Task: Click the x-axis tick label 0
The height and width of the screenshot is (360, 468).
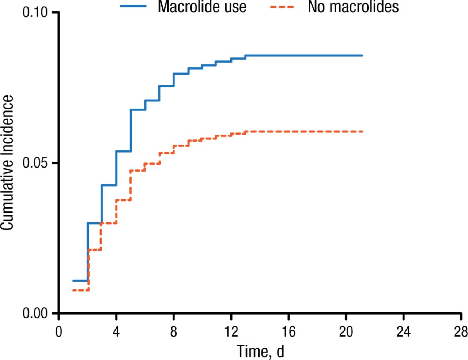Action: click(58, 332)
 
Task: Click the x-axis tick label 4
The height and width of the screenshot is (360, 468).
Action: click(116, 332)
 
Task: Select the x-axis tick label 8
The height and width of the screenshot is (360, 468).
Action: click(173, 332)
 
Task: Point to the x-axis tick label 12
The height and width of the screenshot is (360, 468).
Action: click(231, 332)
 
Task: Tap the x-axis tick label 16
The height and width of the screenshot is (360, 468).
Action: click(288, 332)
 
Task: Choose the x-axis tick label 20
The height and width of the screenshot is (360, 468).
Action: click(346, 332)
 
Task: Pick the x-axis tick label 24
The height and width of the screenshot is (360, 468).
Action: click(403, 332)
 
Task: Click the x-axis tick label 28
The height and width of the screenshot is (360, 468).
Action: click(460, 332)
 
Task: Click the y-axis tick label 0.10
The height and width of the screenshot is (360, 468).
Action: click(35, 12)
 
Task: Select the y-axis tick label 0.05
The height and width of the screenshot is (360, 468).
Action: click(35, 163)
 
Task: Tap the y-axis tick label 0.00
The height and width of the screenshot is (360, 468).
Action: click(35, 314)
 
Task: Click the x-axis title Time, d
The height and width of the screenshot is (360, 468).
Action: click(260, 351)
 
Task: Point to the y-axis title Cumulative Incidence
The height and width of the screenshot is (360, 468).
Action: click(7, 163)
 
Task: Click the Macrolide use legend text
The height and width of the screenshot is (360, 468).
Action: click(202, 7)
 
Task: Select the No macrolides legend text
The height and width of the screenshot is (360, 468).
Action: click(353, 7)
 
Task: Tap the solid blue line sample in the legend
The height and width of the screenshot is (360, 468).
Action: click(133, 6)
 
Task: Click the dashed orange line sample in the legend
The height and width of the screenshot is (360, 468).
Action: click(282, 6)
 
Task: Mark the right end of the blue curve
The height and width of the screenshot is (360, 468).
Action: click(362, 56)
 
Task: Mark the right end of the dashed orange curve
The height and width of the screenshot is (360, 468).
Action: click(362, 131)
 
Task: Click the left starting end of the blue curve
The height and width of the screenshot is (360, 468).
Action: click(73, 281)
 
